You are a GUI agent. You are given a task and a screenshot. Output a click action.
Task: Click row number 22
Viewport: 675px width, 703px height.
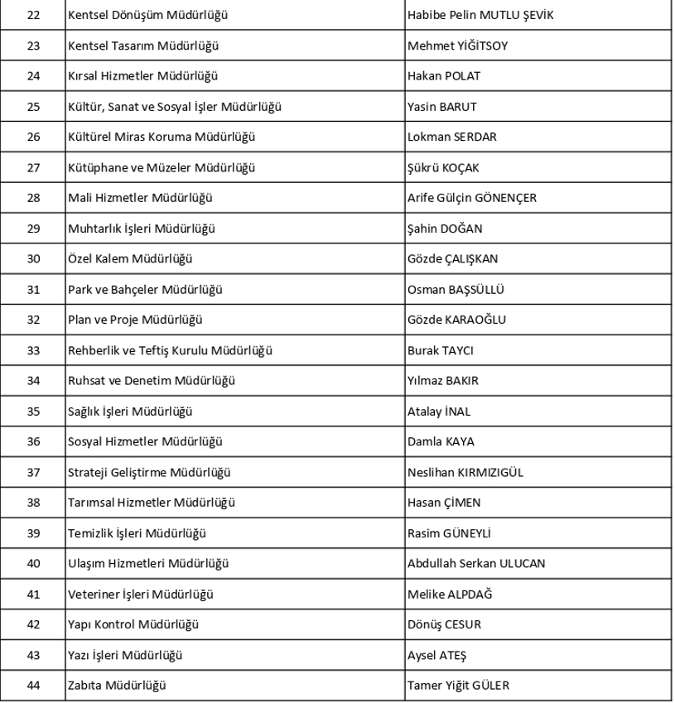(x=33, y=15)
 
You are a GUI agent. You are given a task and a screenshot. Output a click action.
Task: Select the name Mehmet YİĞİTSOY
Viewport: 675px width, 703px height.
(x=457, y=46)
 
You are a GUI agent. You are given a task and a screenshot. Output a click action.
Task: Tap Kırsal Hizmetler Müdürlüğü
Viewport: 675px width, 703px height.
(x=142, y=76)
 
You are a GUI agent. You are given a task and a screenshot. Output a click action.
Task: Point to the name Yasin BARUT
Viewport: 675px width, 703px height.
(x=441, y=107)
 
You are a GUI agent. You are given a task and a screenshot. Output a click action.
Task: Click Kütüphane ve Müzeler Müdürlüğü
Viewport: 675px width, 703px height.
(x=162, y=167)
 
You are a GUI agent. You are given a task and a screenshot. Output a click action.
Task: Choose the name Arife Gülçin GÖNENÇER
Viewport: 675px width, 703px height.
(x=472, y=198)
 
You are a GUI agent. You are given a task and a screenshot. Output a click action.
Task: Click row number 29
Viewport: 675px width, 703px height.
(x=33, y=229)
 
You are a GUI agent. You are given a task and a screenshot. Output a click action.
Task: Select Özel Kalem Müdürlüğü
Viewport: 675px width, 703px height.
(x=130, y=258)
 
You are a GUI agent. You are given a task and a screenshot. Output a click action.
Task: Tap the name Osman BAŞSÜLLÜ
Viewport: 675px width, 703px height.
(x=456, y=289)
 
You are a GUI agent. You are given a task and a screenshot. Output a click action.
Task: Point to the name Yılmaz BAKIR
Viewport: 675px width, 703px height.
(x=443, y=381)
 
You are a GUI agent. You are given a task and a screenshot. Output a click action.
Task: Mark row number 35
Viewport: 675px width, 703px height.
(x=33, y=411)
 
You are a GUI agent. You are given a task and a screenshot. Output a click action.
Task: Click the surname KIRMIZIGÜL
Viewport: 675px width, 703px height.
(x=489, y=472)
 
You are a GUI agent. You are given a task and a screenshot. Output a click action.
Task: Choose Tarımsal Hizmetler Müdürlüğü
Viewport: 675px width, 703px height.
(x=152, y=503)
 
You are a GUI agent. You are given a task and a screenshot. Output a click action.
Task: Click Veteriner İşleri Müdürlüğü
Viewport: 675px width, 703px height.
(x=141, y=594)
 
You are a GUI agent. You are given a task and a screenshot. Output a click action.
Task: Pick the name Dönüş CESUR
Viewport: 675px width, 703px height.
(x=444, y=624)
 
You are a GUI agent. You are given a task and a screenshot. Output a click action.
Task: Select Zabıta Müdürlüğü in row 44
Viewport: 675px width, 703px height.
(x=118, y=686)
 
